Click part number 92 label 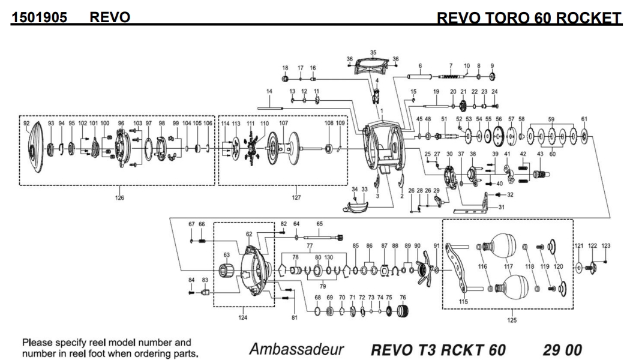click(x=26, y=123)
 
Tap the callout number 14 click(x=269, y=91)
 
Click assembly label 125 click(x=512, y=320)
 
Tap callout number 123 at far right click(x=606, y=246)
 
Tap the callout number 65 click(x=320, y=223)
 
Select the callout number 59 click(x=551, y=119)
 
